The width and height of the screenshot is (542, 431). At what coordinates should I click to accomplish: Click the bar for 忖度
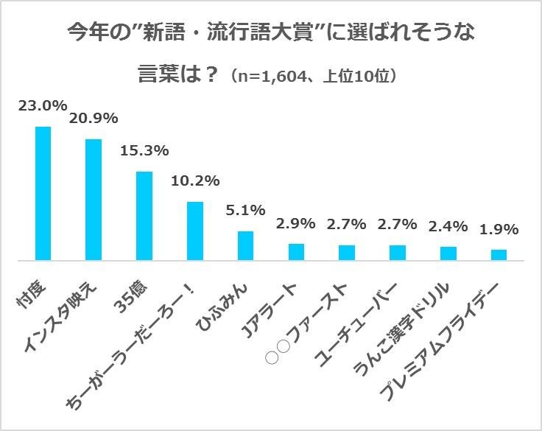pos(43,194)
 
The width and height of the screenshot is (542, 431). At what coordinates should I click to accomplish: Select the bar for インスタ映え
pos(94,200)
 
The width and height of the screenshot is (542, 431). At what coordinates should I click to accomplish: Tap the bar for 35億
pos(144,216)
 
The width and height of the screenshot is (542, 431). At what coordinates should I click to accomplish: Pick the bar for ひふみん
pos(245,245)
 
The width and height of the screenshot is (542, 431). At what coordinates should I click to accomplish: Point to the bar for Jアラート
pos(296,252)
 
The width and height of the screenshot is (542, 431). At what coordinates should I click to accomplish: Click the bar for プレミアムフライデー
pos(499,255)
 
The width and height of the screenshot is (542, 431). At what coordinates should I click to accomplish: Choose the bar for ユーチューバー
pos(398,253)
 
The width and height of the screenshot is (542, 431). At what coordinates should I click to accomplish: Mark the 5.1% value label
pos(245,211)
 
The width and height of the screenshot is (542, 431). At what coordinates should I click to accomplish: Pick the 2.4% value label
pos(448,225)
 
